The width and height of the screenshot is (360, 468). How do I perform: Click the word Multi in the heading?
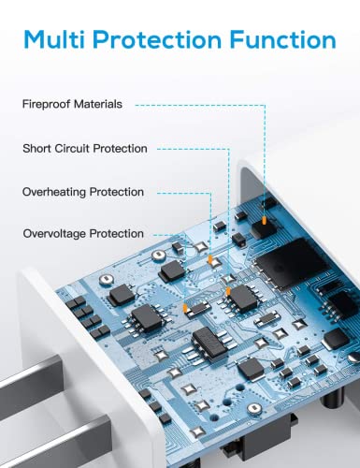point(55,39)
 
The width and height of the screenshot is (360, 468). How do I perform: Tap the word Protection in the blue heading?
point(157,39)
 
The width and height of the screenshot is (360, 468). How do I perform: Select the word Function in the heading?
point(282,39)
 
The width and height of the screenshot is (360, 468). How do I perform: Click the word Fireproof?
point(46,104)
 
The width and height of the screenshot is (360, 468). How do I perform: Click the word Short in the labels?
point(37,148)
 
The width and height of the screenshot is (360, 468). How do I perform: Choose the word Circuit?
point(72,148)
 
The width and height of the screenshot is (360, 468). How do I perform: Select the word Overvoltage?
point(54,234)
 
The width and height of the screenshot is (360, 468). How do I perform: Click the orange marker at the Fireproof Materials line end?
point(265,221)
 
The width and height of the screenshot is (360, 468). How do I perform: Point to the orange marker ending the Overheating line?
point(210,258)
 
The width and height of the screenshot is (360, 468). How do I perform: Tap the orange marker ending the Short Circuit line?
point(228,291)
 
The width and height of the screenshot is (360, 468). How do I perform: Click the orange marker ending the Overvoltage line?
point(185,308)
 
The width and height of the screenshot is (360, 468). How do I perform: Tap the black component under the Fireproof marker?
point(264,229)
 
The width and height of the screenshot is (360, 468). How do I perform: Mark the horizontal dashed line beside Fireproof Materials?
point(200,106)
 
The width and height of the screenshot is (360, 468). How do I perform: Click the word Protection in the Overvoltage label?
point(117,234)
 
